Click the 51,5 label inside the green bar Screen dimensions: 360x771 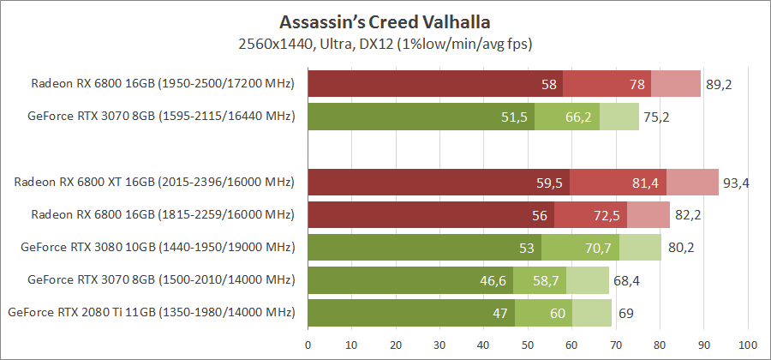click(513, 117)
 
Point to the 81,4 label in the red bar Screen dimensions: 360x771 click(644, 183)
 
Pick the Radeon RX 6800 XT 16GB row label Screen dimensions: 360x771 click(153, 183)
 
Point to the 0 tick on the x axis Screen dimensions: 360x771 click(308, 345)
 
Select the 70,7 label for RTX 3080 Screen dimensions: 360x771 click(597, 248)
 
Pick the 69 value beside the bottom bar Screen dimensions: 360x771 click(625, 313)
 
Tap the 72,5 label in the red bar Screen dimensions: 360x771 click(605, 215)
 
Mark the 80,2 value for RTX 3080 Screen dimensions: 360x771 click(680, 248)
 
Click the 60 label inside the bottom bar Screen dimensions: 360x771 click(557, 313)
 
